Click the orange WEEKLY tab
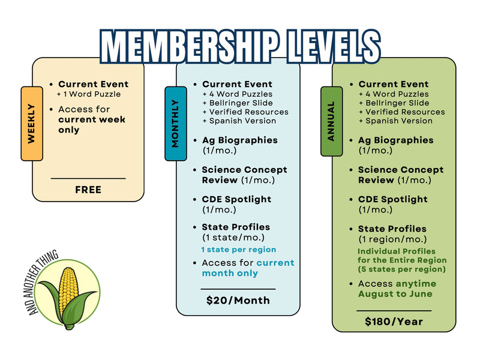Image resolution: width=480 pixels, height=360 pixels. (x=32, y=124)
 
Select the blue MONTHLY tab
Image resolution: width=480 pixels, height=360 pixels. (x=176, y=124)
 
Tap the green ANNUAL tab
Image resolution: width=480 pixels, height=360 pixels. (x=332, y=121)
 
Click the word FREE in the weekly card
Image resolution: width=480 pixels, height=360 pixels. (x=88, y=190)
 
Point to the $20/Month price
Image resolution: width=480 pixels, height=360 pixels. (x=238, y=301)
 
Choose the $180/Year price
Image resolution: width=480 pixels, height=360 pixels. (x=394, y=322)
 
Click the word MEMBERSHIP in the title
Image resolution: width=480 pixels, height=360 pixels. (x=190, y=47)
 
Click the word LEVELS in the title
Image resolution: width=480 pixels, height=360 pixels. (x=334, y=47)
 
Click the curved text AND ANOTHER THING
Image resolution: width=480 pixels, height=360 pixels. (x=42, y=282)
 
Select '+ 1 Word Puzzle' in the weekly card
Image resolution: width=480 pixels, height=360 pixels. (x=89, y=94)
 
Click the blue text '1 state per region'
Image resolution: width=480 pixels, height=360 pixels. (x=239, y=250)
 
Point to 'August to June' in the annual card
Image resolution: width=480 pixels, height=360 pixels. (x=395, y=294)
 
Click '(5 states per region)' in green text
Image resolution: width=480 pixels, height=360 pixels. (x=401, y=269)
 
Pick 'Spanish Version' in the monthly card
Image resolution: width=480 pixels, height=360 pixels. (x=243, y=121)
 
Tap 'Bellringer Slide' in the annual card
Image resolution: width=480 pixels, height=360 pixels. (x=397, y=103)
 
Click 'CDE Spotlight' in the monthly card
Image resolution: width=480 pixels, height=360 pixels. (x=236, y=199)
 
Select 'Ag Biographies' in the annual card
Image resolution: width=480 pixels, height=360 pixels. (x=396, y=140)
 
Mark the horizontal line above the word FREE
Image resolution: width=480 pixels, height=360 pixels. (x=88, y=178)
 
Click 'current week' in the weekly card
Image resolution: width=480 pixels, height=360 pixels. (x=92, y=119)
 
